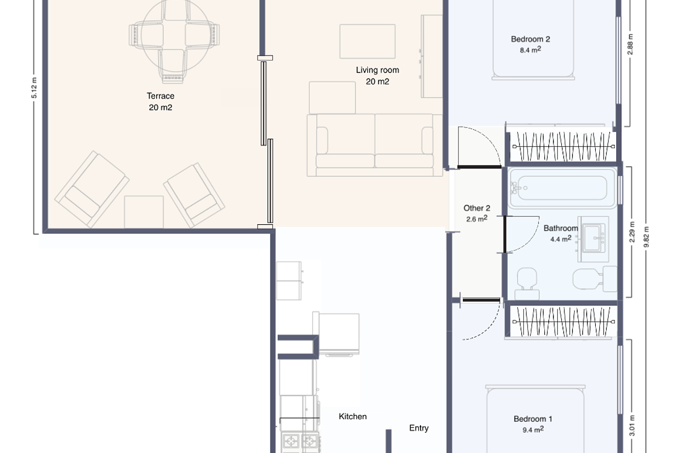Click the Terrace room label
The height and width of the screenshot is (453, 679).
pyautogui.click(x=161, y=96)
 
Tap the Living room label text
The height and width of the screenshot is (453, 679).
pyautogui.click(x=377, y=70)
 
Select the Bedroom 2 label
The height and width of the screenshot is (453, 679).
pyautogui.click(x=530, y=39)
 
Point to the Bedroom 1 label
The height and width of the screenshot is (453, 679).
pyautogui.click(x=532, y=419)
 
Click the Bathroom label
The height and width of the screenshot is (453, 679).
pyautogui.click(x=561, y=228)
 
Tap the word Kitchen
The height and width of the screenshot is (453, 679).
pyautogui.click(x=353, y=416)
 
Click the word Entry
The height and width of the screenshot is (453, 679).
pyautogui.click(x=419, y=428)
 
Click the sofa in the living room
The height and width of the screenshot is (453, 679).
pyautogui.click(x=375, y=142)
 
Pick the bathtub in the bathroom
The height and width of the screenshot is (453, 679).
pyautogui.click(x=562, y=187)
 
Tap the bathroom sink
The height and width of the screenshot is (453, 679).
pyautogui.click(x=593, y=238)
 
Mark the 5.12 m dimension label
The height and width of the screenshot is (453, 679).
pyautogui.click(x=33, y=88)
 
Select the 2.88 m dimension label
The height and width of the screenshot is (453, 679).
pyautogui.click(x=630, y=44)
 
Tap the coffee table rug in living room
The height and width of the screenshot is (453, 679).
pyautogui.click(x=367, y=41)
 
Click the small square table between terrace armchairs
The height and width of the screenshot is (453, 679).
pyautogui.click(x=144, y=211)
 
